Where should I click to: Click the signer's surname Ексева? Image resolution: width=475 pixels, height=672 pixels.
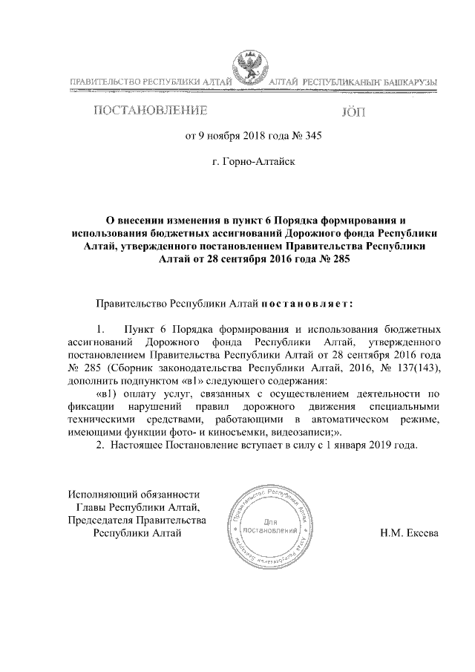[x=424, y=532]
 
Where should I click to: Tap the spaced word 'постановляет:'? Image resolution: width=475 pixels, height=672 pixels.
[x=305, y=304]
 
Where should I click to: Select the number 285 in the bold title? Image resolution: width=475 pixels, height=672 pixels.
[x=338, y=259]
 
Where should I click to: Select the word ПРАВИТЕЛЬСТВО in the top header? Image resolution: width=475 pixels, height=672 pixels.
[x=107, y=81]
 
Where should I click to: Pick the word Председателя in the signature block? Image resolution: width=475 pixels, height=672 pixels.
[x=104, y=520]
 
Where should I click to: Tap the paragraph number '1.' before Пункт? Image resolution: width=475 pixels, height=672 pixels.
[x=102, y=327]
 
